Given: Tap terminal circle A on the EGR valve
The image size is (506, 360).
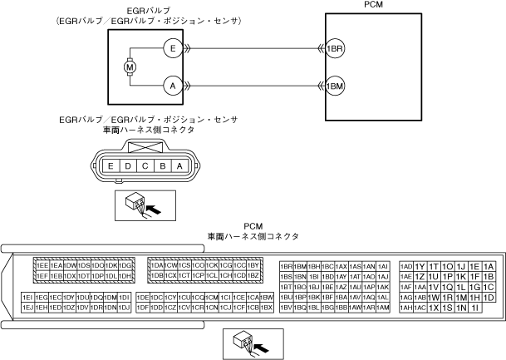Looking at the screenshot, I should click(x=171, y=85).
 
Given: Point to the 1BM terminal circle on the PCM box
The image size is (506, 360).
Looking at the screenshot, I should click(x=335, y=85).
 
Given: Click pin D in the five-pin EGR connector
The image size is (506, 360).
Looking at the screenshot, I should click(x=127, y=166).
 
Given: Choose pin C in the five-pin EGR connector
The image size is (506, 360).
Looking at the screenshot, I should click(x=145, y=166).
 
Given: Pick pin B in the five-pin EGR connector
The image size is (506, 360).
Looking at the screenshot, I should click(x=162, y=166).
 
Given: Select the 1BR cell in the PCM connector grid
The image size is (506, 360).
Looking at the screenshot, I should click(x=287, y=265).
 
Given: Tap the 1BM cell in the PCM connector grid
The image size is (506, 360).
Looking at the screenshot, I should click(x=301, y=265).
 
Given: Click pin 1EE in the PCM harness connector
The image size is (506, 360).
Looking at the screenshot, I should click(x=42, y=265).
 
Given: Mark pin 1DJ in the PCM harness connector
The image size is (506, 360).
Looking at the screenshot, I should click(x=125, y=308).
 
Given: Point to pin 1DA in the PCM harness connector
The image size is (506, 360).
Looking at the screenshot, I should click(x=156, y=265).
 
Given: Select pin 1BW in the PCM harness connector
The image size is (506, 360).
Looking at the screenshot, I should click(x=267, y=297).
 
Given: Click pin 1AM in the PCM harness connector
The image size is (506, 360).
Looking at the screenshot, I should click(x=383, y=308).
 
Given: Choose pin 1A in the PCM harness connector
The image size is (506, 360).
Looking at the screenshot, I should click(x=489, y=265).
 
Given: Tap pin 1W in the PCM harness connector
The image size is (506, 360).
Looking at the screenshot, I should click(x=433, y=297).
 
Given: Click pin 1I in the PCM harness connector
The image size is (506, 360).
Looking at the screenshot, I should click(x=475, y=308).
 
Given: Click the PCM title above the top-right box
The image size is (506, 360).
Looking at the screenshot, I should click(x=361, y=5).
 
